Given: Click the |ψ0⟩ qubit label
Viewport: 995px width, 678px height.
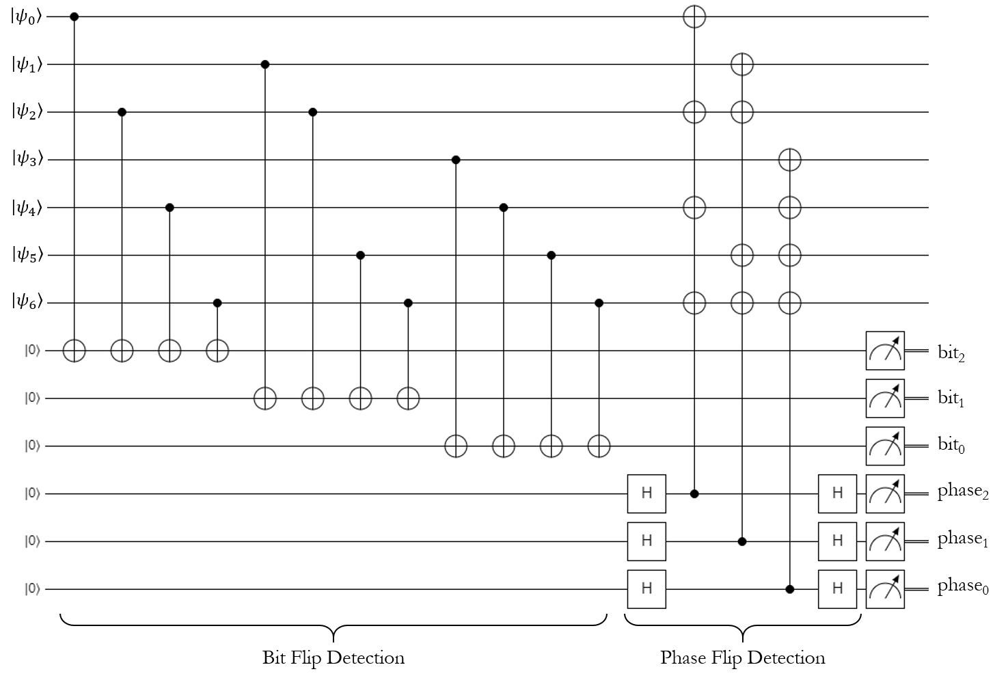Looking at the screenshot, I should coord(27,16).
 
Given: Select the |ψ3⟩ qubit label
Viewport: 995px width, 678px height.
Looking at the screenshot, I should coord(27,160).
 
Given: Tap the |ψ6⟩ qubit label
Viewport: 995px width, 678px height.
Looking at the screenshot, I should coord(27,303).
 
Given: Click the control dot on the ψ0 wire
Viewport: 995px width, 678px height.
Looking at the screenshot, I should coord(74,16).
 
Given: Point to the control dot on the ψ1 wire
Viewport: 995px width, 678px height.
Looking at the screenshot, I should coord(265,64).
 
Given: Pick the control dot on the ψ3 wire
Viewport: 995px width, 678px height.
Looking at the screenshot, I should coord(456,160).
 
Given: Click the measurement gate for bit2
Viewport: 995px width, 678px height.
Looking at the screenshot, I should coord(885,351).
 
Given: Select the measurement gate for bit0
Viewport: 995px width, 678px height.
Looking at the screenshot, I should coord(885,446).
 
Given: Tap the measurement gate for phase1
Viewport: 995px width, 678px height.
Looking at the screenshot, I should coord(885,541).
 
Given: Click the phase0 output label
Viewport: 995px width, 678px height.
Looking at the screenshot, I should coord(963,587).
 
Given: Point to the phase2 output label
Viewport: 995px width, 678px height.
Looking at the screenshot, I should coord(963,492).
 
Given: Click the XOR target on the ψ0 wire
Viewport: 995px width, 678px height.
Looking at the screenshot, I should coord(694,16).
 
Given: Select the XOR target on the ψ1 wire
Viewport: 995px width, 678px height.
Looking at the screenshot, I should coord(742,64).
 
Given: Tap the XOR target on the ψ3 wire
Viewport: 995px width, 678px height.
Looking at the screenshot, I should coord(789,160).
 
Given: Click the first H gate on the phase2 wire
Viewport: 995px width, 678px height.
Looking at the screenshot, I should coord(646,493).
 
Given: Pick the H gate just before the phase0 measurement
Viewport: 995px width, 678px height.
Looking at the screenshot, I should coord(837,588).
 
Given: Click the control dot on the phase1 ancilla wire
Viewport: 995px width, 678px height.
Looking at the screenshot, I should coord(742,541).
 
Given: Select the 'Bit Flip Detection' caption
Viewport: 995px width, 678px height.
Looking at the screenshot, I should coord(333,658).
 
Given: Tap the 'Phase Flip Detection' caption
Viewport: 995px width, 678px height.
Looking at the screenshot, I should coord(743,658).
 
